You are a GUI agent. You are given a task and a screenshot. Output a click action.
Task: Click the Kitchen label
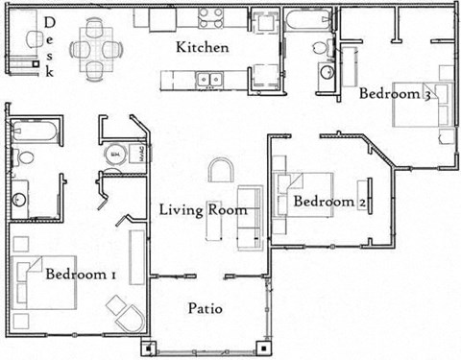click(203, 47)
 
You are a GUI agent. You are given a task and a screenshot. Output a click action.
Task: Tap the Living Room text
click(203, 210)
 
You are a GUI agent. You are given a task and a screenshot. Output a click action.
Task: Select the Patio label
click(205, 309)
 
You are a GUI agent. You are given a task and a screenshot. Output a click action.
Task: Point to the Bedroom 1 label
click(82, 276)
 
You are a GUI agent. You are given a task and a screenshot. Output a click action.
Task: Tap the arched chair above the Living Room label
click(221, 172)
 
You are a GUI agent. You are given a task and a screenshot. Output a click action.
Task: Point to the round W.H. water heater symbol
click(114, 153)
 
